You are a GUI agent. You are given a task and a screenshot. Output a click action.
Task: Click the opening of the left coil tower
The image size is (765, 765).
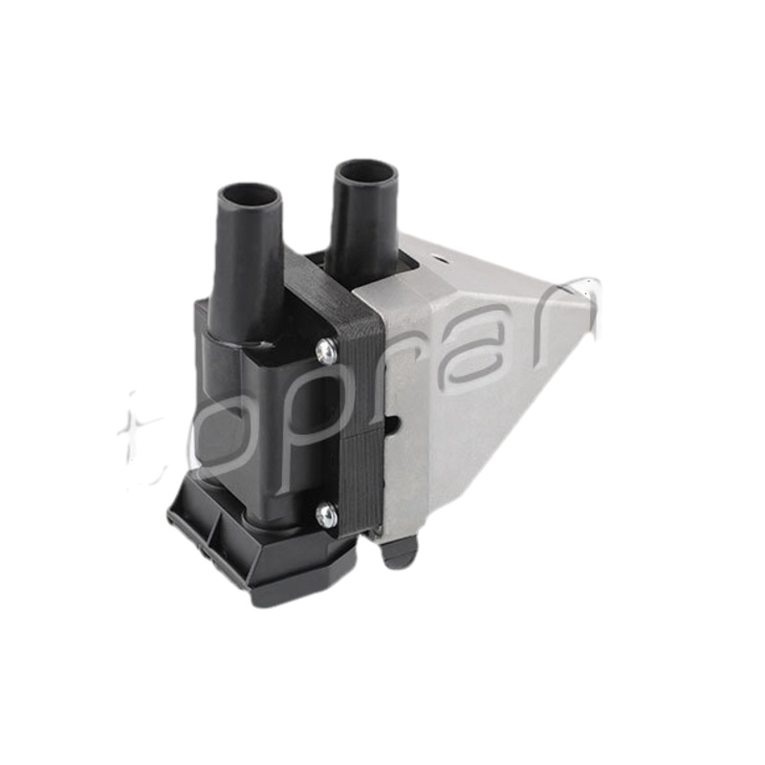[x=251, y=196]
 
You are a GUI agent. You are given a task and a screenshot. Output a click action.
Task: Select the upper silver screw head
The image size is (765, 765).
[x=325, y=351]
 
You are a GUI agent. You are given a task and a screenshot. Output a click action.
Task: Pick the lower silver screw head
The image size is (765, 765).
[x=326, y=515]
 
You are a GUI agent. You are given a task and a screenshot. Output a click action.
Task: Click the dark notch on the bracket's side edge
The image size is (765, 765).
[x=394, y=424]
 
